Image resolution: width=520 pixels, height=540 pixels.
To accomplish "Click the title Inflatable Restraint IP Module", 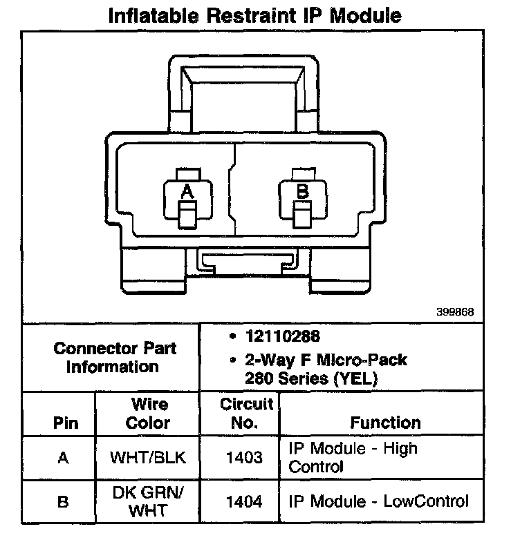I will [255, 15].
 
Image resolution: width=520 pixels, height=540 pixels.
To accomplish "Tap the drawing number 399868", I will [454, 311].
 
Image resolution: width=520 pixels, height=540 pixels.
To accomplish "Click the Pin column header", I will [66, 423].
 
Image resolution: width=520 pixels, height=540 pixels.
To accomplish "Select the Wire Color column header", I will [148, 413].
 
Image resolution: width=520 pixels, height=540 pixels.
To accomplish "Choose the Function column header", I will [385, 422].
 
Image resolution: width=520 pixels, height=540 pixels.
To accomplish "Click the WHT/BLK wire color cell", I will [148, 457].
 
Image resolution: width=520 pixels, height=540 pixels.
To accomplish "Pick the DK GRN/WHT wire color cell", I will [148, 502].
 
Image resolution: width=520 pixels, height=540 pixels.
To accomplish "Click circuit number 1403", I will [245, 457].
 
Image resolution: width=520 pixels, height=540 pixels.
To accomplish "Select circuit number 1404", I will [245, 502].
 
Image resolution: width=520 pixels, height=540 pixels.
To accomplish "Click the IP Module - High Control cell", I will [353, 457].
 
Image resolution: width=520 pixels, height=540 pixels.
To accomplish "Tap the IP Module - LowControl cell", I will [378, 502].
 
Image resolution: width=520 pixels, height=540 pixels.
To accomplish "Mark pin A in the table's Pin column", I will [63, 457].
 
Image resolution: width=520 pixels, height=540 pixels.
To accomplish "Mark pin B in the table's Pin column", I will [63, 502].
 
